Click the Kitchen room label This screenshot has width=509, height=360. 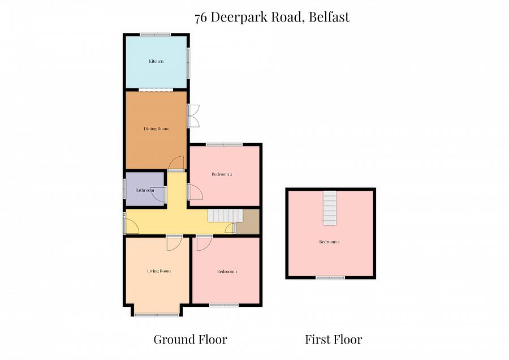click(156, 61)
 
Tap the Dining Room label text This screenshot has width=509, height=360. click(156, 129)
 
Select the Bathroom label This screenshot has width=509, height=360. click(144, 190)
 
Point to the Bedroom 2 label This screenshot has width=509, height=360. click(222, 174)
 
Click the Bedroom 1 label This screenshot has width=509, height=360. click(227, 272)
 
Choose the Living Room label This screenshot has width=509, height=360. click(158, 271)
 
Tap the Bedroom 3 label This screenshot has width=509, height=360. click(329, 242)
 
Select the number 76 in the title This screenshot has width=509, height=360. click(200, 18)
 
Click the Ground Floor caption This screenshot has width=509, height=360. click(190, 340)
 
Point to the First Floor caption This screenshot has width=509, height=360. click(333, 340)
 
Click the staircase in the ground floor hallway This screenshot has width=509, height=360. click(225, 216)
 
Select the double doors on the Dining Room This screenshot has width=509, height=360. click(193, 116)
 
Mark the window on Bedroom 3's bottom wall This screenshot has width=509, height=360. click(330, 277)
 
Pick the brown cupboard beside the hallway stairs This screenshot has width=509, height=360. click(247, 221)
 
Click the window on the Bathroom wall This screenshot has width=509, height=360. click(125, 190)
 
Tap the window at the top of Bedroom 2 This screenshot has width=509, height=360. click(224, 145)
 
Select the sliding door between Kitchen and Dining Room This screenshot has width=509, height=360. click(156, 89)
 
